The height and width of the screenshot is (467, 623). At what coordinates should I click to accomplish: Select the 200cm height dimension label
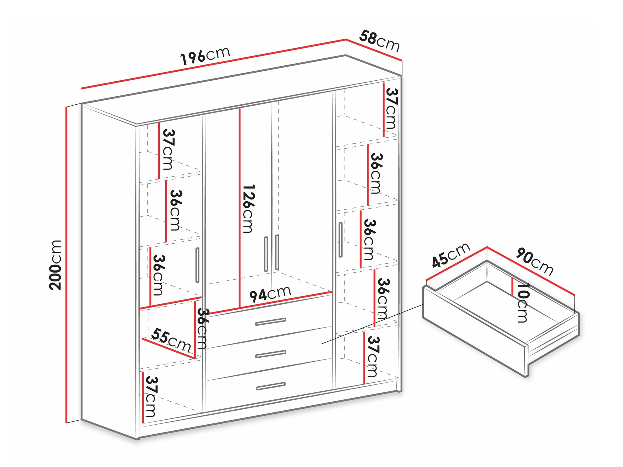click(55, 265)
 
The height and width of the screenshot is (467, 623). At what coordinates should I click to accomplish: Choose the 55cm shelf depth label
click(171, 340)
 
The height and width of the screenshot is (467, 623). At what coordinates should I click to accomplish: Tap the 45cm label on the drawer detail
click(451, 255)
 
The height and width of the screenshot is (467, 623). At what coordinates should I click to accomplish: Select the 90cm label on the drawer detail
click(535, 261)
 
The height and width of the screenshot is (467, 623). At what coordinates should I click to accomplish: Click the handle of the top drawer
click(270, 322)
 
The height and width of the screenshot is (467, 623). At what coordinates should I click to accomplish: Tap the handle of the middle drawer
click(270, 354)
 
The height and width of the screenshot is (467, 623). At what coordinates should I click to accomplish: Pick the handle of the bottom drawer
click(270, 386)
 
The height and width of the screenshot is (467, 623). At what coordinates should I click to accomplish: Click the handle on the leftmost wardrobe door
click(197, 265)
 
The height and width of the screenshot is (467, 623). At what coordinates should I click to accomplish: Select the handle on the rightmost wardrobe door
click(340, 240)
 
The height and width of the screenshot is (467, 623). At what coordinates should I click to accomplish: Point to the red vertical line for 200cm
click(66, 265)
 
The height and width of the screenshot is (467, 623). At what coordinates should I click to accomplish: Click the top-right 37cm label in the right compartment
click(391, 109)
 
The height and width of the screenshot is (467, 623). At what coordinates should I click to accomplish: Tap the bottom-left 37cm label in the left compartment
click(151, 397)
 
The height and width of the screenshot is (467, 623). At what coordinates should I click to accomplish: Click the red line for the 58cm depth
click(374, 50)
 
